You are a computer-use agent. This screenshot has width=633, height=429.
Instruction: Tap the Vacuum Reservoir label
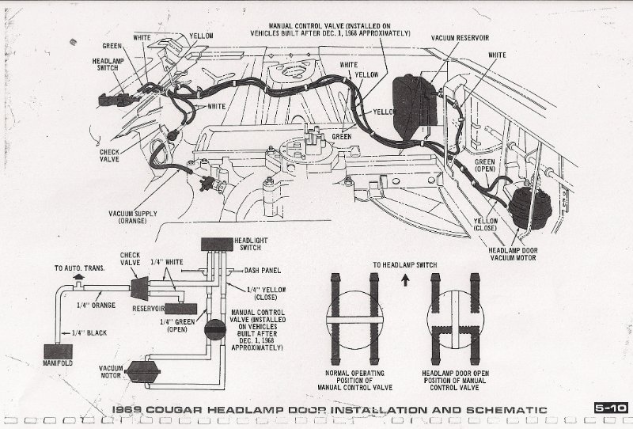click(460, 37)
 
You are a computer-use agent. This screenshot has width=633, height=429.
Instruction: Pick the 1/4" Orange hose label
click(94, 305)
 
